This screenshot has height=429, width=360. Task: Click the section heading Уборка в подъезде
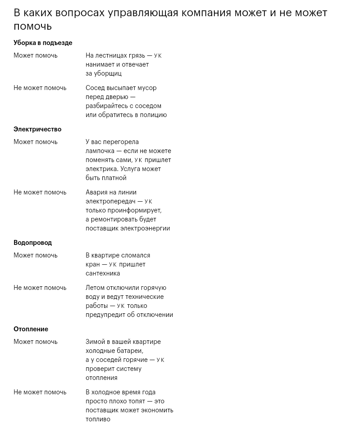pos(43,43)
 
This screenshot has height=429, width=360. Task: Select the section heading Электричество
pos(37,129)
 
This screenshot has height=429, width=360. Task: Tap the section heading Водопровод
pos(32,243)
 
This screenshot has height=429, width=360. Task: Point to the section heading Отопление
pos(31,329)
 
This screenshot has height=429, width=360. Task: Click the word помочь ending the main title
pos(32,27)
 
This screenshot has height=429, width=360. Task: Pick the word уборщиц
pos(109,73)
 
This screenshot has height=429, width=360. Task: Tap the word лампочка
pos(100,151)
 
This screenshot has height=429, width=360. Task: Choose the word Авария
pos(97,192)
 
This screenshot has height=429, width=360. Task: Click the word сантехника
pos(103,273)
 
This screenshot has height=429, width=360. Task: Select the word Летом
pos(95,288)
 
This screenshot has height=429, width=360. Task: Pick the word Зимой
pos(95,342)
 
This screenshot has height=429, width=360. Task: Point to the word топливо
pos(98,419)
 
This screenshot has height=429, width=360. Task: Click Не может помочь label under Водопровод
pos(40,288)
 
